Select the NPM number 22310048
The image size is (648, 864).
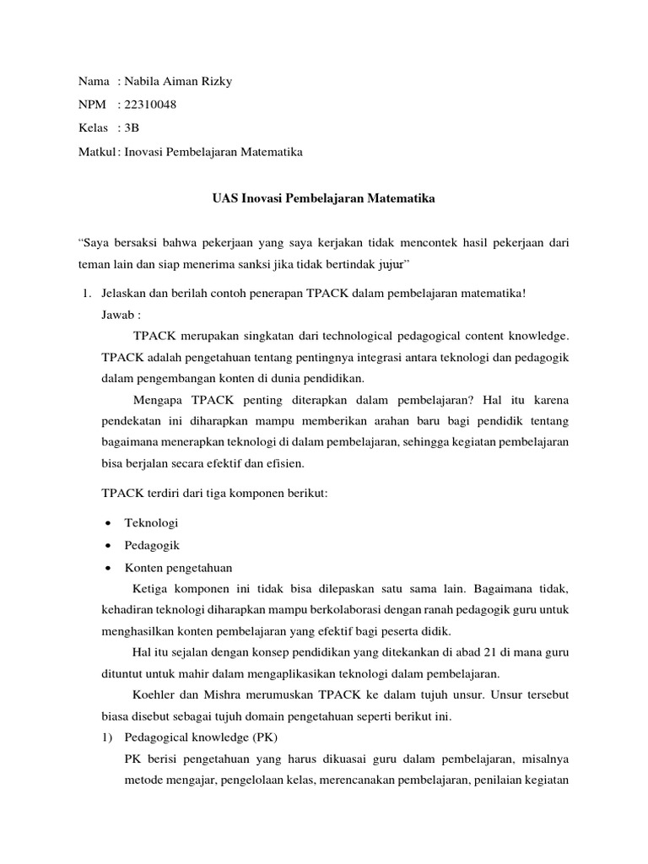[151, 105]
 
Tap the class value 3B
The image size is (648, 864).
[132, 128]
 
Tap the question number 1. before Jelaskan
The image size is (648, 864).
[85, 293]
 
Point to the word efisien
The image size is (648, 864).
[277, 463]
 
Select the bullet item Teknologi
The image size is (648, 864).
[151, 523]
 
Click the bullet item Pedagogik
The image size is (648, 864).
[152, 545]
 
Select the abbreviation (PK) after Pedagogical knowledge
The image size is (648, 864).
[262, 737]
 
